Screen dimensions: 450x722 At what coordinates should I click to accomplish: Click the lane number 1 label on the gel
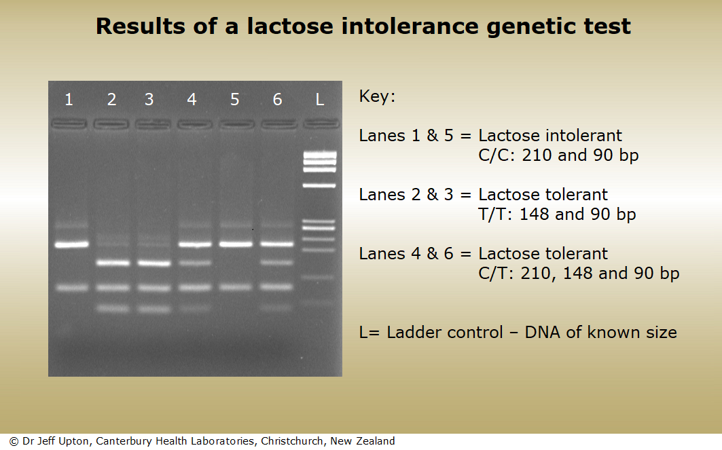(x=69, y=100)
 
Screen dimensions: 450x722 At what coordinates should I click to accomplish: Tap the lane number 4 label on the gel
(x=192, y=100)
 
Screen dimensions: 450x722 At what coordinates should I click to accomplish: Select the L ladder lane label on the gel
(x=320, y=100)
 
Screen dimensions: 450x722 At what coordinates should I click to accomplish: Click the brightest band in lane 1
(x=72, y=244)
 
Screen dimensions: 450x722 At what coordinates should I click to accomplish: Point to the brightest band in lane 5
(x=235, y=244)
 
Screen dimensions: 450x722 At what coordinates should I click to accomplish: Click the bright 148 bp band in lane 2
(x=112, y=263)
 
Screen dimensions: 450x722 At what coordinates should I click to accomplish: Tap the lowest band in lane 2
(x=112, y=309)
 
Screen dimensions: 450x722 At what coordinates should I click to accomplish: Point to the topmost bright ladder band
(x=320, y=154)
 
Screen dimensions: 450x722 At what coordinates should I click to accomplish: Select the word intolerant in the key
(x=588, y=136)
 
